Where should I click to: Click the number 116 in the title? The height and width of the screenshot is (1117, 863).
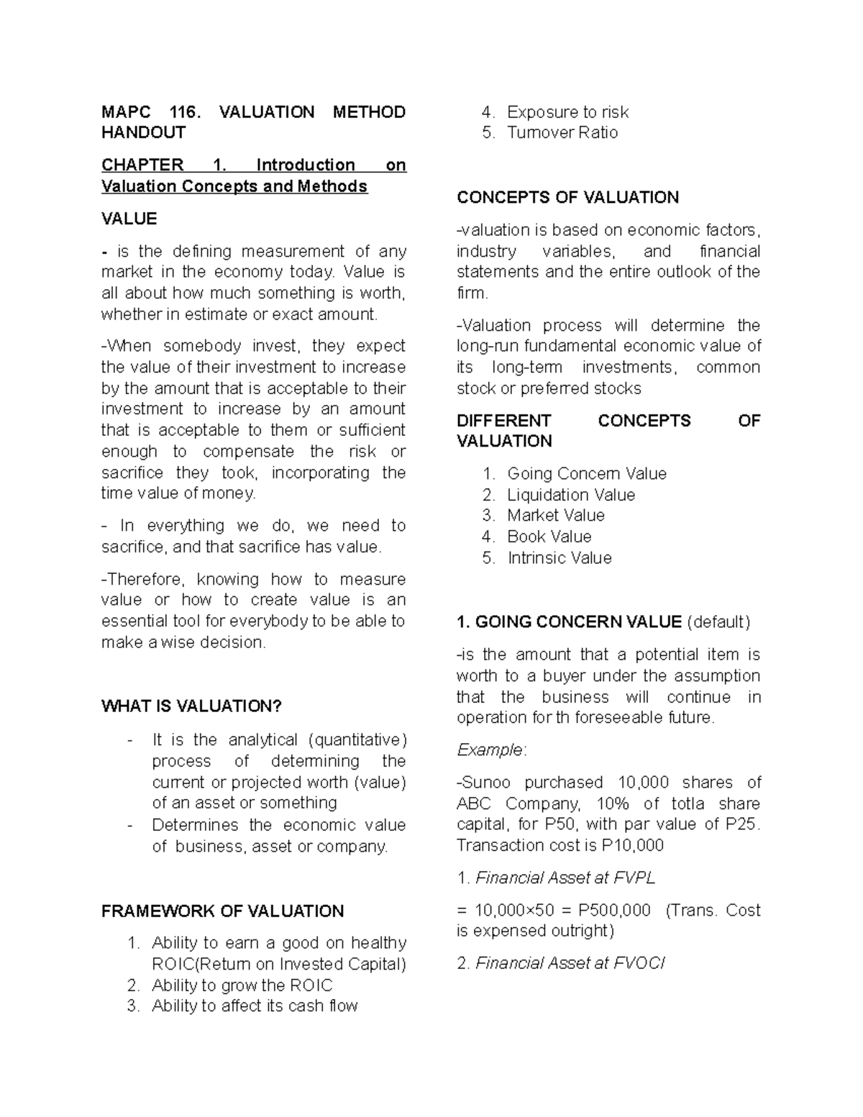tap(183, 112)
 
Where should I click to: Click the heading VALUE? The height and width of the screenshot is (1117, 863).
tap(129, 219)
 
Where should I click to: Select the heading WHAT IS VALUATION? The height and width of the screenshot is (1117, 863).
tap(191, 706)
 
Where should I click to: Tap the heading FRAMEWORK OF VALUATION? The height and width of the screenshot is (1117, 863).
tap(222, 911)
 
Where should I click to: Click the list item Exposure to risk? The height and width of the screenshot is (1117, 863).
tap(567, 112)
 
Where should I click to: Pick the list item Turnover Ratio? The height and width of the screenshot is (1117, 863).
tap(562, 133)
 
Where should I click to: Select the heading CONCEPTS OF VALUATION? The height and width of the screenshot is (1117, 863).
tap(567, 198)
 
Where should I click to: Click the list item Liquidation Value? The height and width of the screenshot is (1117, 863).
tap(571, 495)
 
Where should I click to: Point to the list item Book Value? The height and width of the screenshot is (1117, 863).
tap(549, 537)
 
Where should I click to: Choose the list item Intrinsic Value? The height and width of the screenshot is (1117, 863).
tap(559, 558)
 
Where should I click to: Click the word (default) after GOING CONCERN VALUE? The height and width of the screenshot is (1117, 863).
tap(718, 622)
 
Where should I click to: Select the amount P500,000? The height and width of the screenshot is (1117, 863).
tap(614, 911)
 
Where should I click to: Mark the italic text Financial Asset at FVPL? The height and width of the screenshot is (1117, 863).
tap(565, 878)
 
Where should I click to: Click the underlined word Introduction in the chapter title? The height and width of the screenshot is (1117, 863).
tap(306, 165)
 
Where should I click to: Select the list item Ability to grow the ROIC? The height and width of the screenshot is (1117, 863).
tap(242, 985)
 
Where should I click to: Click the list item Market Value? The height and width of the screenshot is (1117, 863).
tap(555, 516)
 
